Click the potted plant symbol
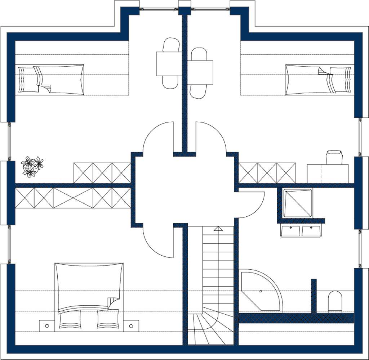pos(32,167)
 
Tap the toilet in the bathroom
pos(335,302)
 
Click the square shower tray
pos(297,203)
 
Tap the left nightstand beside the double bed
pos(47,325)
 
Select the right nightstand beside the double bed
pos(131,325)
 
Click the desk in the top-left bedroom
pos(169,64)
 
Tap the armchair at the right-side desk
pos(334,157)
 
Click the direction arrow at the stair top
pos(218,229)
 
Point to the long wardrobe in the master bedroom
pos(73,198)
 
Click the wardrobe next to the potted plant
pos(102,173)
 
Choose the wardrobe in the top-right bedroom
pos(267,173)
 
